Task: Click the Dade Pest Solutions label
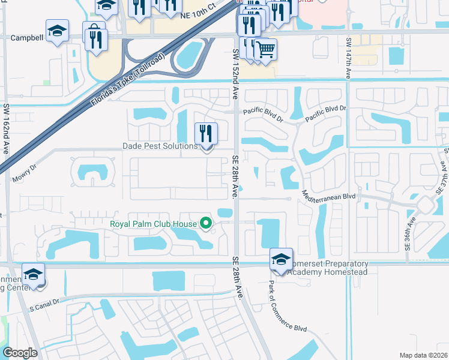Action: pos(160,146)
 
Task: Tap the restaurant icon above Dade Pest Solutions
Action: pos(206,134)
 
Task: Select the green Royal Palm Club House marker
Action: pos(206,224)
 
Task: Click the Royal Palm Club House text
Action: pos(153,225)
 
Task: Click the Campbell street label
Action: pos(28,37)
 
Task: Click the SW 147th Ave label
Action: pos(348,58)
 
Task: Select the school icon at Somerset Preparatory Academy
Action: pos(280,259)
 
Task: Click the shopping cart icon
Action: pos(265,49)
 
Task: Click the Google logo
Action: pos(20,353)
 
